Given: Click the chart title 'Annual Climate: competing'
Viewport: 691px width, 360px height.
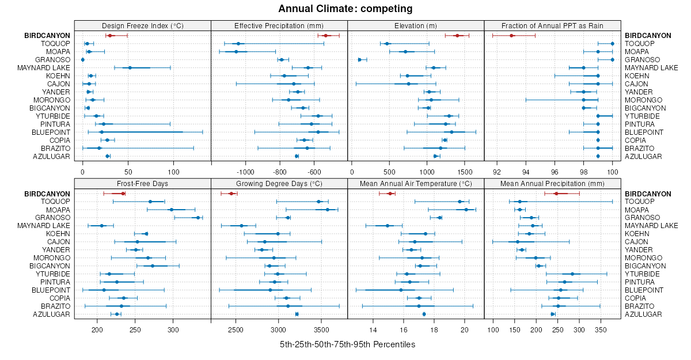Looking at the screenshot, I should coord(345,9).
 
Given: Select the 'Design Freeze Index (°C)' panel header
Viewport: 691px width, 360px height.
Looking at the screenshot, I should coord(142,25).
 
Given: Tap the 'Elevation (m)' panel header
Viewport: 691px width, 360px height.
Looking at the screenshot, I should coord(416,25).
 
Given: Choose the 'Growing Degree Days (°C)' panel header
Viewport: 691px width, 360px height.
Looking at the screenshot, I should coord(279,183).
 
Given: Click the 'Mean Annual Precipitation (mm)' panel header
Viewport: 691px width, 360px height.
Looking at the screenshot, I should coord(552,183).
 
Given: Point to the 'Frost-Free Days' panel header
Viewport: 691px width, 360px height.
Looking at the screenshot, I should coord(142,183).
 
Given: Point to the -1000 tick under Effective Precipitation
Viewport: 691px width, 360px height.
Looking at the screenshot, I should coord(246,171).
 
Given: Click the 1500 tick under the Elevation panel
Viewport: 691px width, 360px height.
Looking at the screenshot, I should coord(465,171).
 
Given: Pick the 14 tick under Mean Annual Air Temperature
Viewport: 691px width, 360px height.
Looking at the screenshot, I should coord(373,329).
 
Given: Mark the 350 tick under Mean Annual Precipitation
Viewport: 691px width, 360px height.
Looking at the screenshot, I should coord(601,329).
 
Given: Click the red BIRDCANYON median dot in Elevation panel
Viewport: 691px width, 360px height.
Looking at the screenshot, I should coord(457,36).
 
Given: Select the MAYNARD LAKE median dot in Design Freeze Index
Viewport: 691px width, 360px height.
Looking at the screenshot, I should coord(130,68).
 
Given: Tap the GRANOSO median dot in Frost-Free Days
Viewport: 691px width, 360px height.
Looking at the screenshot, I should coord(198,218).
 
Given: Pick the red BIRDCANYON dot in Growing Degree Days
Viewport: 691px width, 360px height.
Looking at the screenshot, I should coord(231,194).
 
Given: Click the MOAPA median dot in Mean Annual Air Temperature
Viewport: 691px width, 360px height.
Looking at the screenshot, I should coord(466,210).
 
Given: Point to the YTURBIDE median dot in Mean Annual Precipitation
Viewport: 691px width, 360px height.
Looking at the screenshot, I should coord(572,274).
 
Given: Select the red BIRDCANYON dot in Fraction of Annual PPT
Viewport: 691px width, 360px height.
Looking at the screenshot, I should coord(511,36).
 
